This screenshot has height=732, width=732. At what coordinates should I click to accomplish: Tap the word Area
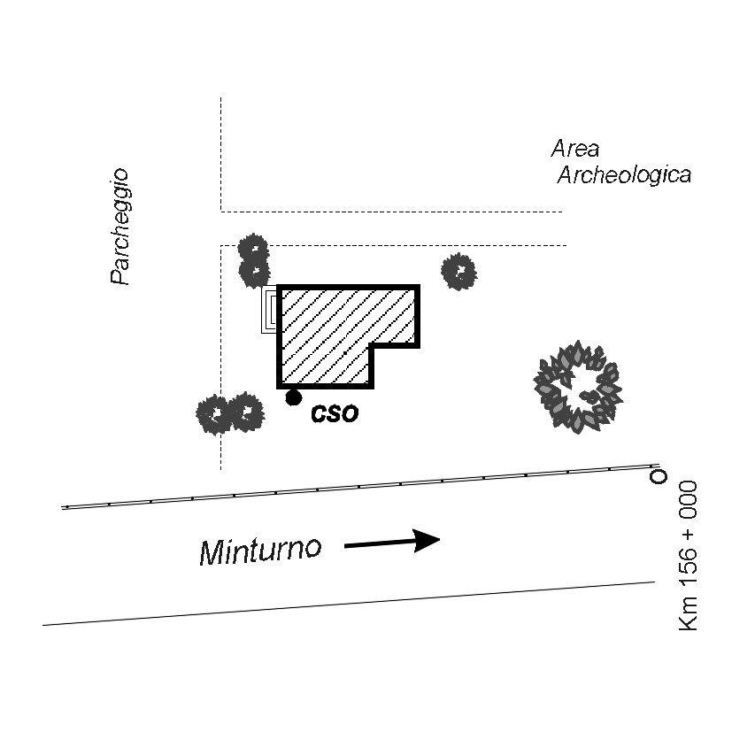point(574,148)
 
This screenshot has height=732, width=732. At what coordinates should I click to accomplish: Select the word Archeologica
point(623,175)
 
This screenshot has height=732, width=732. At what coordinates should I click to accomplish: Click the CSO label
point(335,413)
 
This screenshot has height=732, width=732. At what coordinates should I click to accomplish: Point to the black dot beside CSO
point(294,398)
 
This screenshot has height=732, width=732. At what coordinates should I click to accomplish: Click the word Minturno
point(259,551)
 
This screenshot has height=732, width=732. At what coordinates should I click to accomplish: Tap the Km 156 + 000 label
point(688,555)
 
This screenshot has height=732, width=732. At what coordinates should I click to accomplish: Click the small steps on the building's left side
point(270,311)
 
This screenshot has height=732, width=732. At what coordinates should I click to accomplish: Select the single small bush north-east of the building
point(459,271)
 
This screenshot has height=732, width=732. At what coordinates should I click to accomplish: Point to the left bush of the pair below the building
point(214,413)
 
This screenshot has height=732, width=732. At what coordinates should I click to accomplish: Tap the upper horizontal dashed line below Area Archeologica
point(389,212)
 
